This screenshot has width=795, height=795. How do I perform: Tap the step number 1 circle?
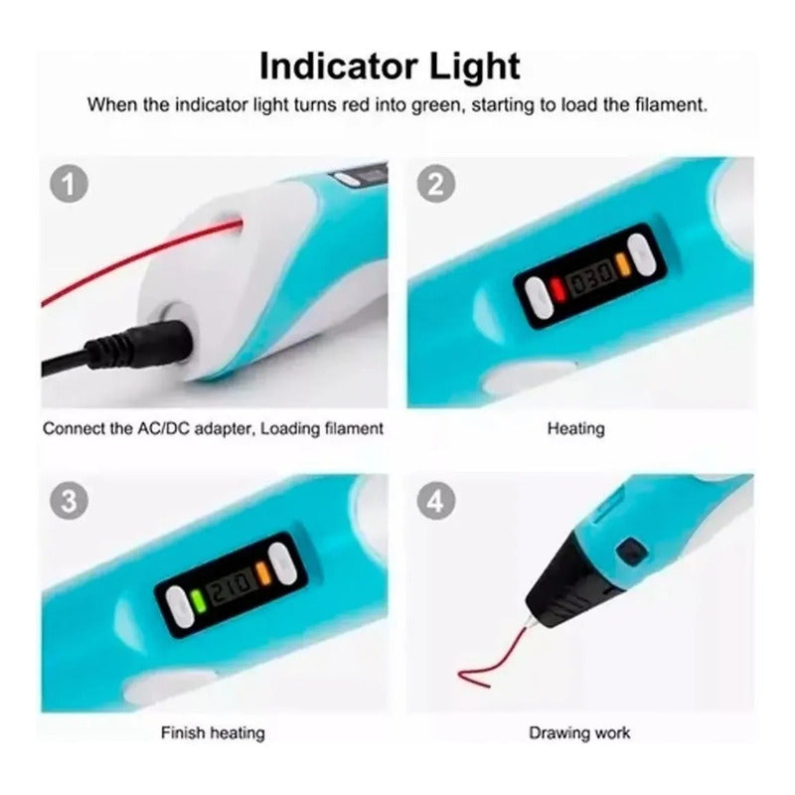69,184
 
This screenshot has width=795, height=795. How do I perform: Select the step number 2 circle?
436,184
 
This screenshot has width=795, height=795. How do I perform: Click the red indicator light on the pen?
557,289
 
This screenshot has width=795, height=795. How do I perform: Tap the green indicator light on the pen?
199,600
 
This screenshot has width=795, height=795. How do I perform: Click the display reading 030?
590,279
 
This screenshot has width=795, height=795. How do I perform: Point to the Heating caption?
576,429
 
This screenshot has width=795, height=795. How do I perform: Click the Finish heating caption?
213,732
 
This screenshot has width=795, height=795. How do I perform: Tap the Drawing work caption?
579,732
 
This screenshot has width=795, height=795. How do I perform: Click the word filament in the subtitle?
670,105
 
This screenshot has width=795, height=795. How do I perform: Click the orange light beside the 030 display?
623,264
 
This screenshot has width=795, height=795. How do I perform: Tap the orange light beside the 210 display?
263,573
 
